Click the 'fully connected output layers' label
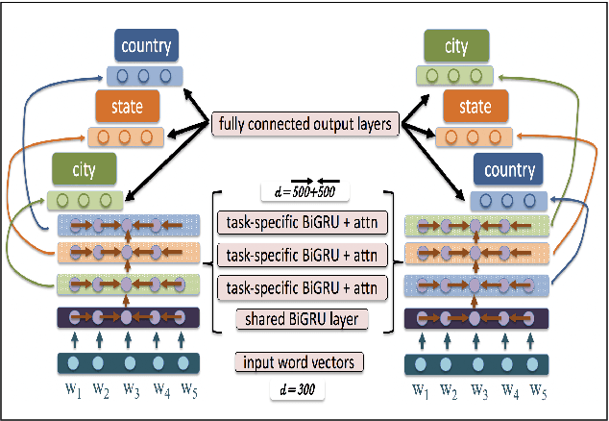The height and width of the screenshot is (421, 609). click(x=304, y=124)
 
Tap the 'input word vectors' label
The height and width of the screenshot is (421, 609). click(x=304, y=363)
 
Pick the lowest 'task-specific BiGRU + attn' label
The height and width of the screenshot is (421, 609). click(x=304, y=285)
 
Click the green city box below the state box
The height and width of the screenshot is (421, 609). click(x=85, y=171)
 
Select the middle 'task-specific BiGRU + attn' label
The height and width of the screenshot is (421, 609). click(x=304, y=256)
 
